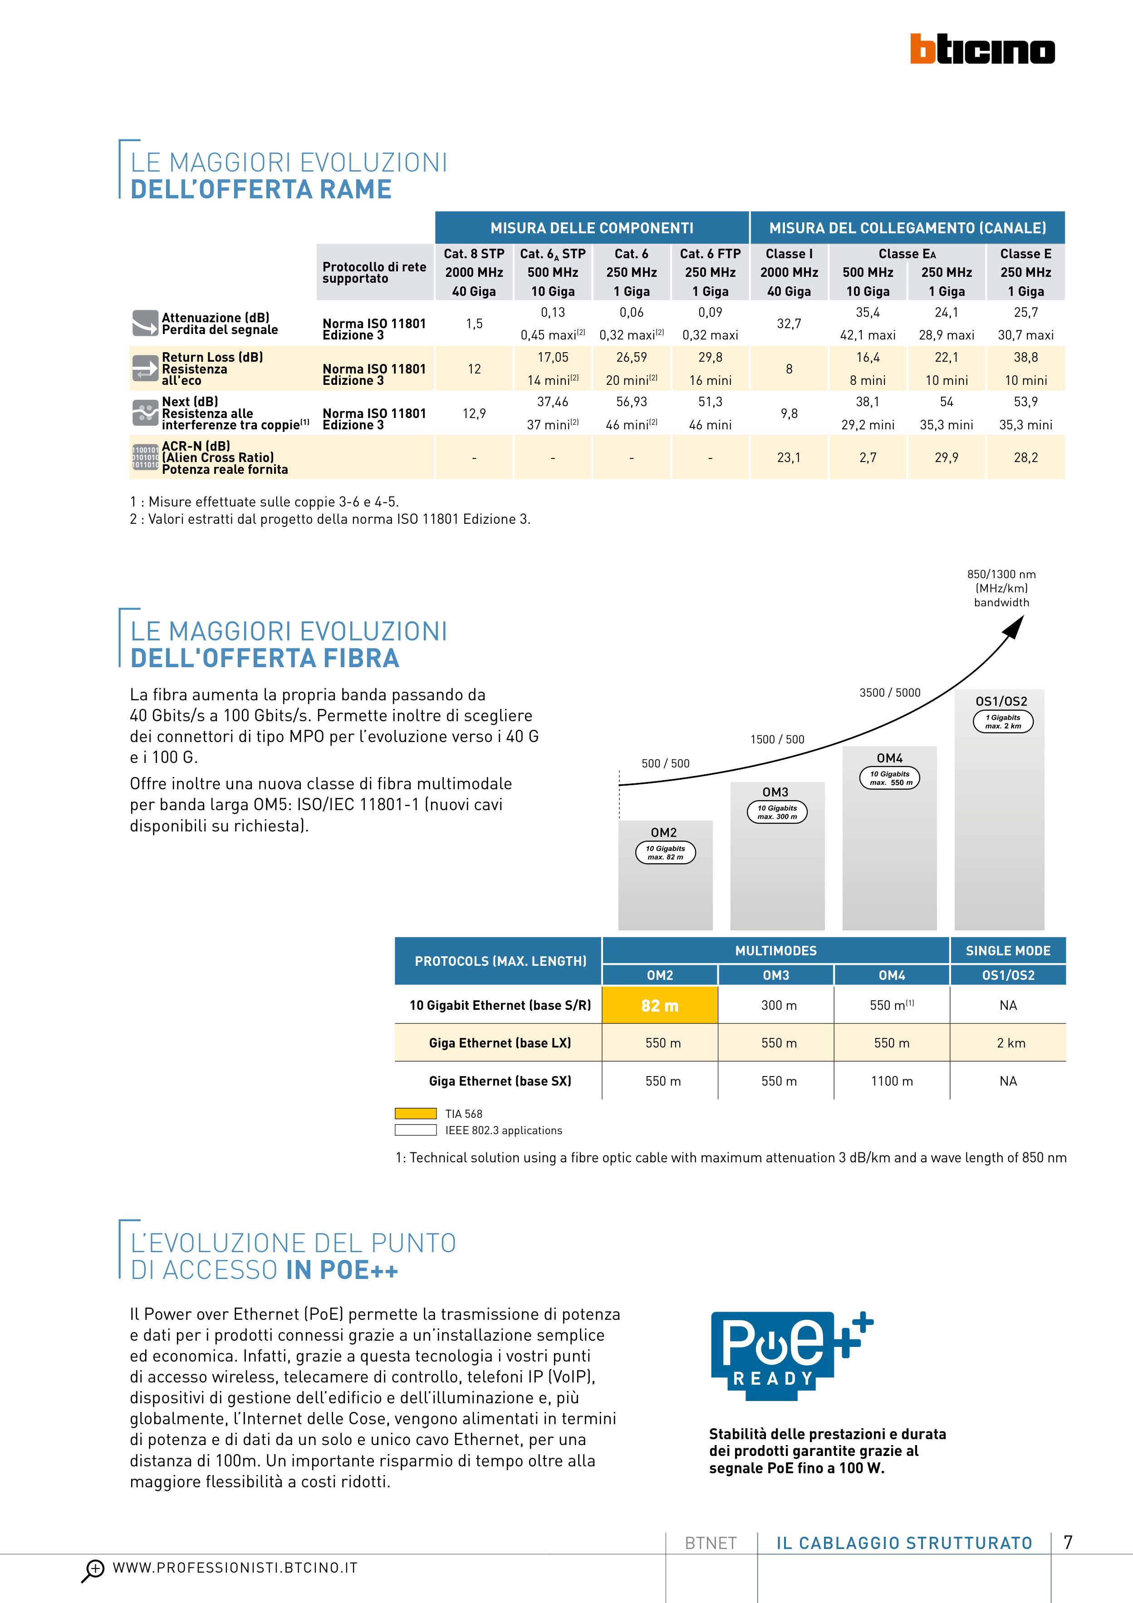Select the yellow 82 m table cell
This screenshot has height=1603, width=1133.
pos(660,1005)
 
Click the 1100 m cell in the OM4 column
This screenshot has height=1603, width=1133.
pos(892,1081)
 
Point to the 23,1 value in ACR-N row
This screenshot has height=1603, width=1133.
pos(789,457)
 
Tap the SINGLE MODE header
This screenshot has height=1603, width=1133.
pos(1007,950)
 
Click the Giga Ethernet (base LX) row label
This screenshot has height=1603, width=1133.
pos(500,1043)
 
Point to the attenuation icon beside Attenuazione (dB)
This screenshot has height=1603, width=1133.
pos(145,323)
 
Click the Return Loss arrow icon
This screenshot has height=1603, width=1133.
pos(145,368)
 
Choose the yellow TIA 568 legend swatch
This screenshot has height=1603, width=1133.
pos(415,1114)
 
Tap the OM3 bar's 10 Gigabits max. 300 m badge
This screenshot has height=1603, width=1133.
pos(777,812)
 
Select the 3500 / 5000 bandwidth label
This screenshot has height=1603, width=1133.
pos(889,693)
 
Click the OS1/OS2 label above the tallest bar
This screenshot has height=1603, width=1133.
pos(1001,701)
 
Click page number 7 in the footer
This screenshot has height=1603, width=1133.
pos(1068,1542)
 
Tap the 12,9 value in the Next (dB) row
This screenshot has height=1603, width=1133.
pos(474,413)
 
